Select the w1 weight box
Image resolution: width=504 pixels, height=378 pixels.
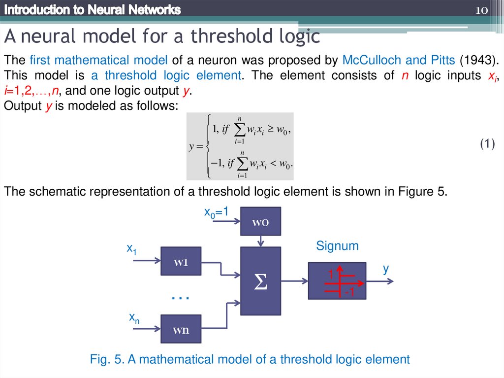[181, 261]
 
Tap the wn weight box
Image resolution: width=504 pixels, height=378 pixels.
[181, 329]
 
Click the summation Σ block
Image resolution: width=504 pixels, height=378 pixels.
[260, 281]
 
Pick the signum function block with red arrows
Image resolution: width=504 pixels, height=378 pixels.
[337, 281]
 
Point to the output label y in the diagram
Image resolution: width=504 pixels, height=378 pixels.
[386, 269]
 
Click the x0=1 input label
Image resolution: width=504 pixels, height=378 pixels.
[217, 212]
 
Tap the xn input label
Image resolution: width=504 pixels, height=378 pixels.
[134, 318]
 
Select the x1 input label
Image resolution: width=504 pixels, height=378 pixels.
[131, 249]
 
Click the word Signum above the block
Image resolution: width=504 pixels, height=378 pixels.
[337, 246]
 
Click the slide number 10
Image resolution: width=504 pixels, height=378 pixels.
[481, 10]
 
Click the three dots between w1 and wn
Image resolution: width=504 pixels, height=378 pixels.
[181, 297]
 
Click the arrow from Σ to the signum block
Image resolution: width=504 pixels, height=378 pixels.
[294, 281]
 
